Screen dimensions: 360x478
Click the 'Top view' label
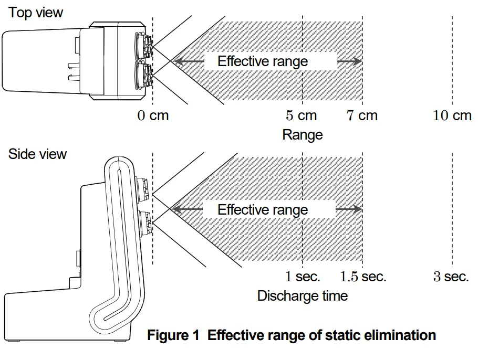coord(36,13)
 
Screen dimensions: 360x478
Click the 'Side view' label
coord(37,154)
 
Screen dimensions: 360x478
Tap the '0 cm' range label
coord(153,115)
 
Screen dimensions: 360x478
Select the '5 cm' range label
coord(302,115)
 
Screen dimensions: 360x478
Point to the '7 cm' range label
coord(362,115)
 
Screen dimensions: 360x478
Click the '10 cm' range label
coord(452,115)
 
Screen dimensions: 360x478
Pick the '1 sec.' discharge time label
coord(303,277)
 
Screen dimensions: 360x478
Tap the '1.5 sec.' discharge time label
coord(363,277)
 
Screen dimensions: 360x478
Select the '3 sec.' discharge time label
coord(451,277)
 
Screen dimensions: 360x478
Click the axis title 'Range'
coord(303,135)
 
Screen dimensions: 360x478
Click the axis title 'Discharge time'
coord(303,296)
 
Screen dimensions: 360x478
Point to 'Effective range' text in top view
coord(263,61)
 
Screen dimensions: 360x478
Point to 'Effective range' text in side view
coord(263,210)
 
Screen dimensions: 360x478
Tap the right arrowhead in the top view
coord(358,61)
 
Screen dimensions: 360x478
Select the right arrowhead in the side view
coord(358,210)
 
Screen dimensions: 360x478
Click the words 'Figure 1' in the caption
coord(173,335)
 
